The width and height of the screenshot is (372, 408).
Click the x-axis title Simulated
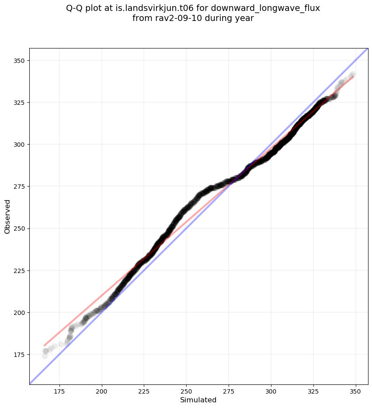[x=198, y=400]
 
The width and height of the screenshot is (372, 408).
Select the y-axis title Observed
[x=7, y=216]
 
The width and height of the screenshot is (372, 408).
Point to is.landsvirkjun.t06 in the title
[x=156, y=9]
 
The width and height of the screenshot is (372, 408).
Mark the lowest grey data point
[x=45, y=356]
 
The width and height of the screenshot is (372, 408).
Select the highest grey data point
[x=352, y=75]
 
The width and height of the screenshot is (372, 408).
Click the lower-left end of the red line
[x=44, y=346]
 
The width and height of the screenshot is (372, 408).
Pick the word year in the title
[x=245, y=19]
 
